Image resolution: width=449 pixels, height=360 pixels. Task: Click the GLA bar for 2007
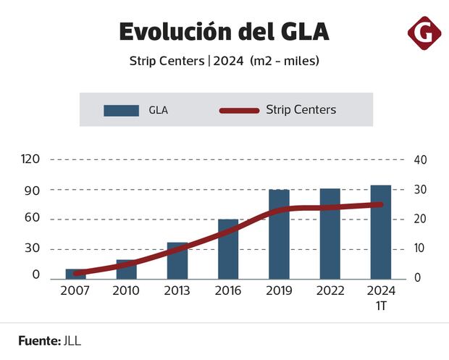(75, 274)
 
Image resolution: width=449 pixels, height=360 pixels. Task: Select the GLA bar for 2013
(177, 261)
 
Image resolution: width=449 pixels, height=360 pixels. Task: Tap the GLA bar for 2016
(228, 249)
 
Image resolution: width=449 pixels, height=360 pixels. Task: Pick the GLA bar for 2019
(279, 234)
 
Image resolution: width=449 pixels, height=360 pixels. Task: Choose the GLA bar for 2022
(330, 233)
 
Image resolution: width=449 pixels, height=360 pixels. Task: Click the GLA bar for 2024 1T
(381, 232)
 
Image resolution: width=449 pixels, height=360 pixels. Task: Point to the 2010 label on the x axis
(126, 291)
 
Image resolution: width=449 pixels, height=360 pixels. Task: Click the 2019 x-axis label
(279, 291)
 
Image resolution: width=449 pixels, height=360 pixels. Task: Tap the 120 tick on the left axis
(30, 159)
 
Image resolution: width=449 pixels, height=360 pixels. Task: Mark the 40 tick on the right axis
(419, 159)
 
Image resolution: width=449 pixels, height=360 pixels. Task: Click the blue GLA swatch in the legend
(121, 110)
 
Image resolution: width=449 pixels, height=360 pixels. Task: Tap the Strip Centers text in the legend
(301, 110)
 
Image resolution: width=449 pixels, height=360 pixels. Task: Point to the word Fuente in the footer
(38, 340)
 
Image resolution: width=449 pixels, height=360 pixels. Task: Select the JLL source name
(71, 340)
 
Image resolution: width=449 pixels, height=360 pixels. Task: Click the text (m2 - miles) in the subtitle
(285, 62)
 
